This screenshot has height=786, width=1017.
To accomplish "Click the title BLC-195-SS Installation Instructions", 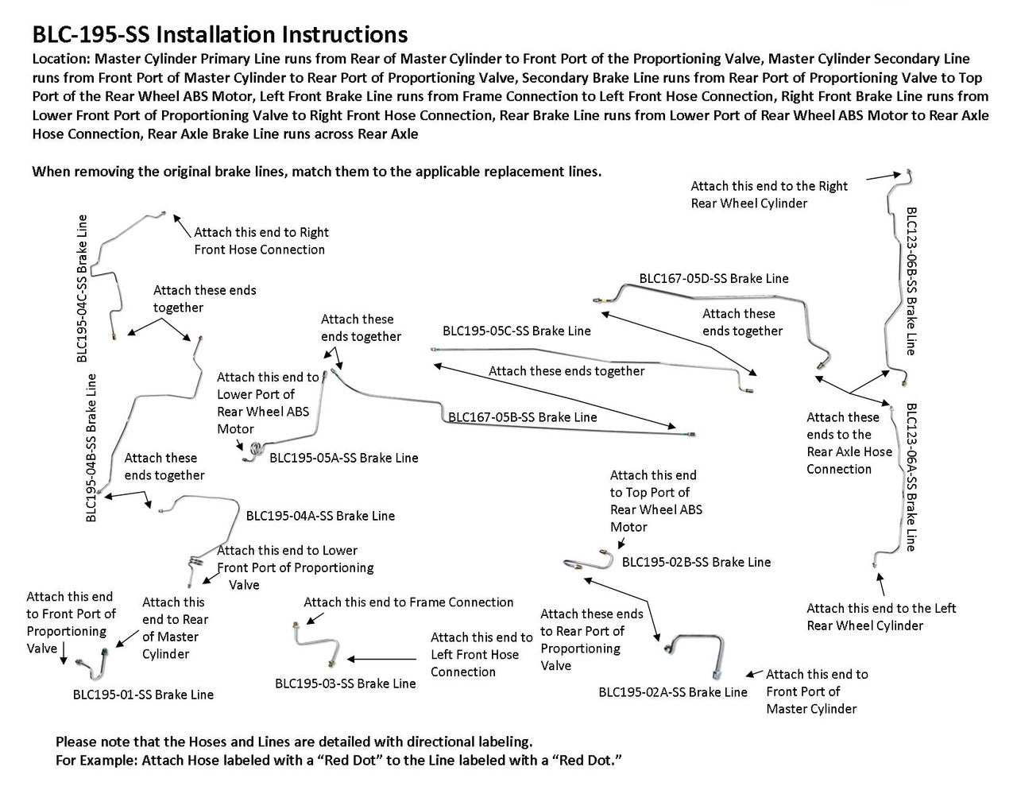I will (220, 34).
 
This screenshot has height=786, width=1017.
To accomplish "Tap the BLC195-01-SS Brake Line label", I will (143, 695).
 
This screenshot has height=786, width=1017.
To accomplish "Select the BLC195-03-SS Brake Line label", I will (345, 683).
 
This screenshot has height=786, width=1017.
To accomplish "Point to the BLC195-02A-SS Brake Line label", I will (673, 692).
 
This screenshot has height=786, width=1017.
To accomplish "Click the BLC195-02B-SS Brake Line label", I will (696, 562).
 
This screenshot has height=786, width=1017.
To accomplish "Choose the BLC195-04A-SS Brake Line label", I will (320, 516).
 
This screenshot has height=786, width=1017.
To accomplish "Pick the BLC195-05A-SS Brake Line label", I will (343, 458).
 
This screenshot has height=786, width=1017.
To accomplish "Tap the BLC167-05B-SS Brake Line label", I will (522, 416).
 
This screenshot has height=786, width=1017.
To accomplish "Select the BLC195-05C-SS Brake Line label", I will (516, 331).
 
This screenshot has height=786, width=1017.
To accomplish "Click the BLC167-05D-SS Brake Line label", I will (713, 279).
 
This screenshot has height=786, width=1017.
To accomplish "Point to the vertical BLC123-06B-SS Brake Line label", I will (911, 281).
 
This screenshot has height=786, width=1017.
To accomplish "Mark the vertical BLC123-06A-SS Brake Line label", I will (911, 477).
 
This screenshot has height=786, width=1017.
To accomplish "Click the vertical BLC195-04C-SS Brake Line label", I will (83, 288).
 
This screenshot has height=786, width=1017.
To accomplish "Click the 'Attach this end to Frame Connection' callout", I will (408, 602).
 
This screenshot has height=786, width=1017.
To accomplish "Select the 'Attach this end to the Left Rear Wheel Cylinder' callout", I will (880, 617).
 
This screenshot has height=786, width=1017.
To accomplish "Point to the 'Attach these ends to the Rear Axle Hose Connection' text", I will (849, 443).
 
